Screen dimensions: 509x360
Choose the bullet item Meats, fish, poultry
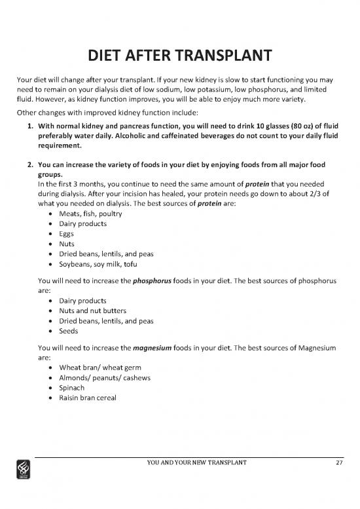pos(90,214)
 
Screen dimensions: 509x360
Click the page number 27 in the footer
pos(339,462)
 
